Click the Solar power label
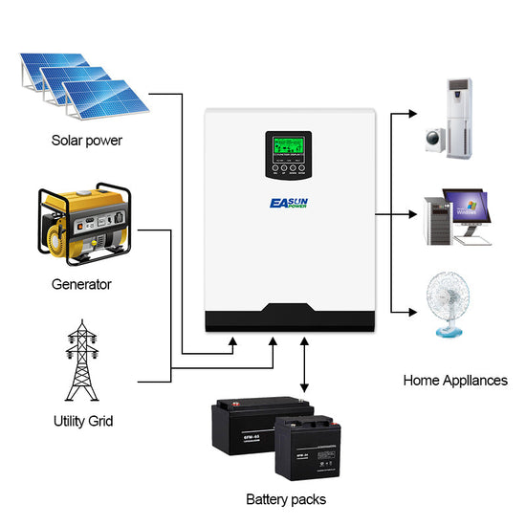[87, 141]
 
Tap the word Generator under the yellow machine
[82, 284]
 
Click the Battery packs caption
[286, 499]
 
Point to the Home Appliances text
[455, 380]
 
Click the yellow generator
[82, 227]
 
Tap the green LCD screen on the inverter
[286, 146]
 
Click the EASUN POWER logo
[286, 198]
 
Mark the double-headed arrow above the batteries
[303, 363]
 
